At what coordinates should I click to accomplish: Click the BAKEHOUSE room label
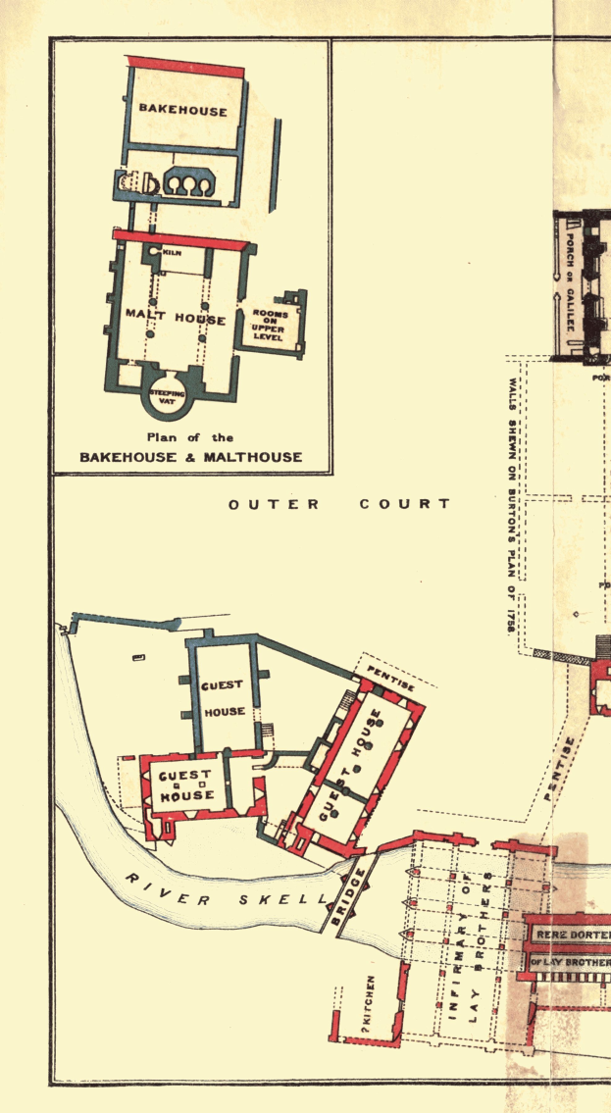pyautogui.click(x=182, y=110)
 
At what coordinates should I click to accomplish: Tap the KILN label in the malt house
pyautogui.click(x=172, y=252)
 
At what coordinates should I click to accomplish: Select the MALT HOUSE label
pyautogui.click(x=176, y=319)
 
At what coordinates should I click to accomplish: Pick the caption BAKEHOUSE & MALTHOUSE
pyautogui.click(x=191, y=457)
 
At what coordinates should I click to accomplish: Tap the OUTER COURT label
pyautogui.click(x=339, y=504)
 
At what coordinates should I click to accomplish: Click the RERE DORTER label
pyautogui.click(x=572, y=936)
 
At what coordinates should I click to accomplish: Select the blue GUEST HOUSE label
pyautogui.click(x=224, y=698)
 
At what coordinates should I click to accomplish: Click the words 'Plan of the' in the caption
pyautogui.click(x=190, y=437)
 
